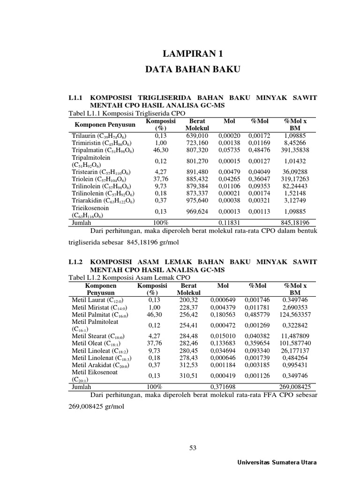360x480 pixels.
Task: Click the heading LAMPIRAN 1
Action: tap(193, 53)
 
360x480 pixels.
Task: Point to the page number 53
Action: tap(193, 448)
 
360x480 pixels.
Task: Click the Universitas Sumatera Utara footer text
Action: tap(277, 462)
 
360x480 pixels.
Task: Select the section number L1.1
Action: tap(75, 97)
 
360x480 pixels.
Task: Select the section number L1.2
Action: tap(75, 262)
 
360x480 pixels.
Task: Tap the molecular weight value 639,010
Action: tap(197, 135)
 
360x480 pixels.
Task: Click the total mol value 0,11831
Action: tap(229, 223)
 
